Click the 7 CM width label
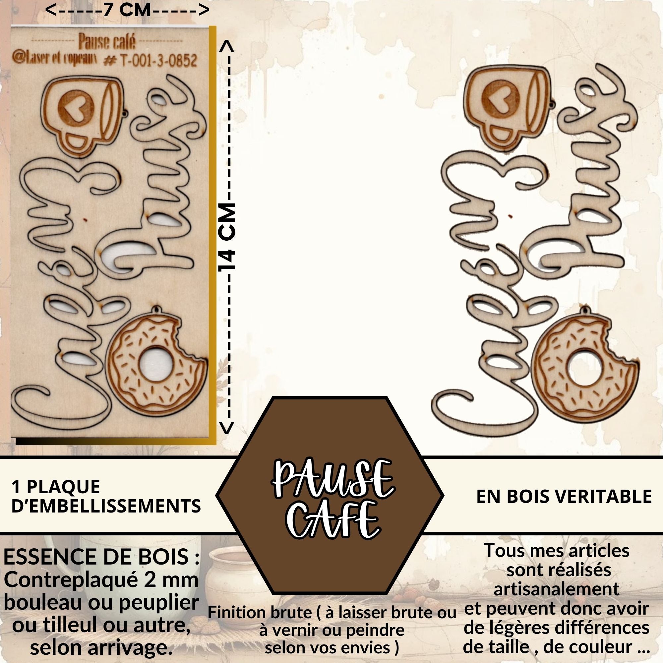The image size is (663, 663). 127,9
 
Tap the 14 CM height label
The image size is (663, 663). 227,237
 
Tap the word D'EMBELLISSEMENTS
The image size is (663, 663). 106,506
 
